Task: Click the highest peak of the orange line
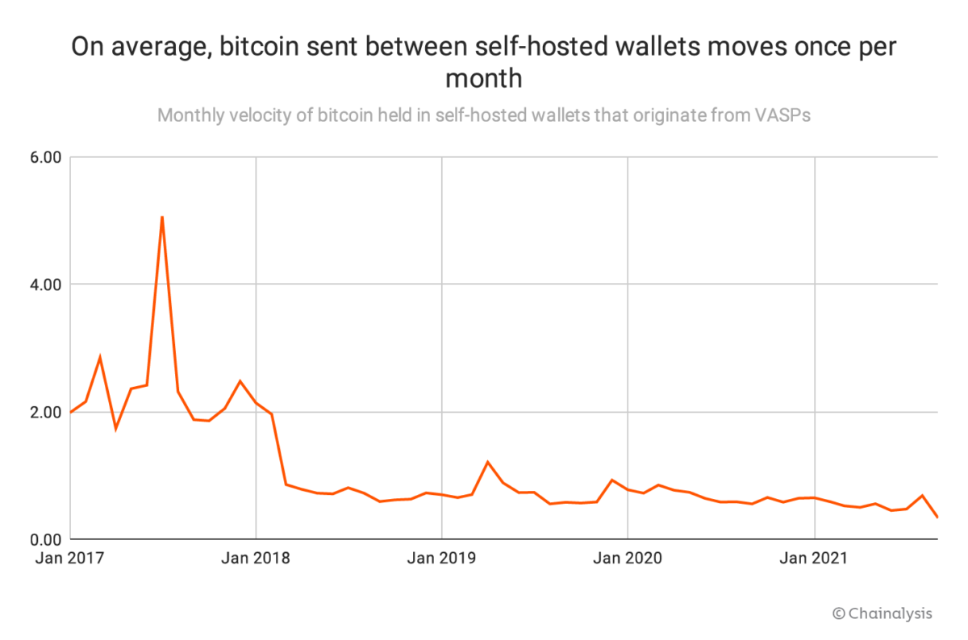tap(162, 217)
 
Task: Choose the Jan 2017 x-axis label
tap(71, 558)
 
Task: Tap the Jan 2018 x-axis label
tap(256, 558)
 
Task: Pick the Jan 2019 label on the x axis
tap(442, 558)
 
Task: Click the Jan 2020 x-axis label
tap(628, 558)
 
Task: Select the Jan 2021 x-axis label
tap(815, 558)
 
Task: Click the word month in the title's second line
tap(483, 79)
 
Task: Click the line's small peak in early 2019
tap(488, 462)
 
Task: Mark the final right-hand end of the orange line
tap(937, 517)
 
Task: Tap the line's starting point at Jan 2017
tap(71, 412)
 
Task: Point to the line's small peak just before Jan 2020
tap(612, 480)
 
